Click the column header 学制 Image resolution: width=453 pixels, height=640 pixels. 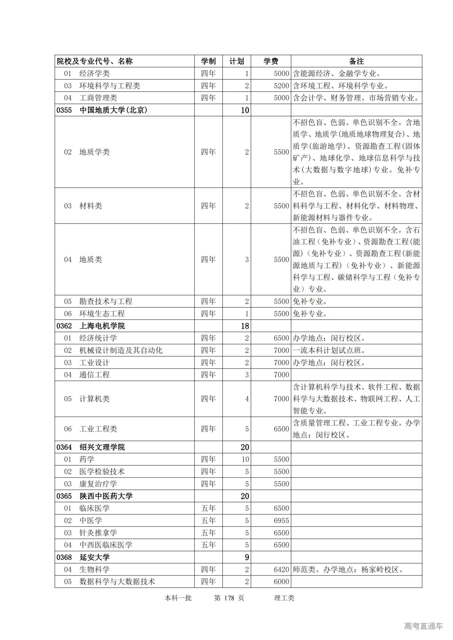(208, 61)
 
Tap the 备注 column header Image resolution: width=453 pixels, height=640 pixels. (356, 61)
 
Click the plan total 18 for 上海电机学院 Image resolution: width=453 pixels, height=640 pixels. (245, 326)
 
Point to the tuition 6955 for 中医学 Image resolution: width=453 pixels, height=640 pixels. (281, 520)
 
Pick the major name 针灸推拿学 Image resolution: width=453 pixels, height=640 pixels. (98, 533)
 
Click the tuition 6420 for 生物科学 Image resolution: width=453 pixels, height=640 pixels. (281, 569)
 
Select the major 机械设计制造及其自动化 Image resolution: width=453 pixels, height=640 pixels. (121, 350)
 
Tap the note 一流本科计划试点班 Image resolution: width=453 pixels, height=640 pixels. (329, 350)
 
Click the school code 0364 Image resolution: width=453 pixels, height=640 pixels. (64, 447)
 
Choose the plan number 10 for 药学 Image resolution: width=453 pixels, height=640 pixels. (245, 459)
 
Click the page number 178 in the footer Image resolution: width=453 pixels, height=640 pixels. (229, 598)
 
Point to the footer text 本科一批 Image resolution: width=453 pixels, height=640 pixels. (178, 598)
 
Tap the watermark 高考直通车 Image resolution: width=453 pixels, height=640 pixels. (423, 626)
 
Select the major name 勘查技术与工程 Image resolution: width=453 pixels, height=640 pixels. (106, 301)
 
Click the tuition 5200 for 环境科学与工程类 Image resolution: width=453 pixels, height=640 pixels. (281, 86)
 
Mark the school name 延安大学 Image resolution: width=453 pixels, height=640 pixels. (94, 557)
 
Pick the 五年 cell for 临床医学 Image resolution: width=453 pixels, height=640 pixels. (208, 508)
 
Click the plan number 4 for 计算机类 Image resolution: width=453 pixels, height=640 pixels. (247, 398)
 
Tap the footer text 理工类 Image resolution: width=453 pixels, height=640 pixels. (284, 598)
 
